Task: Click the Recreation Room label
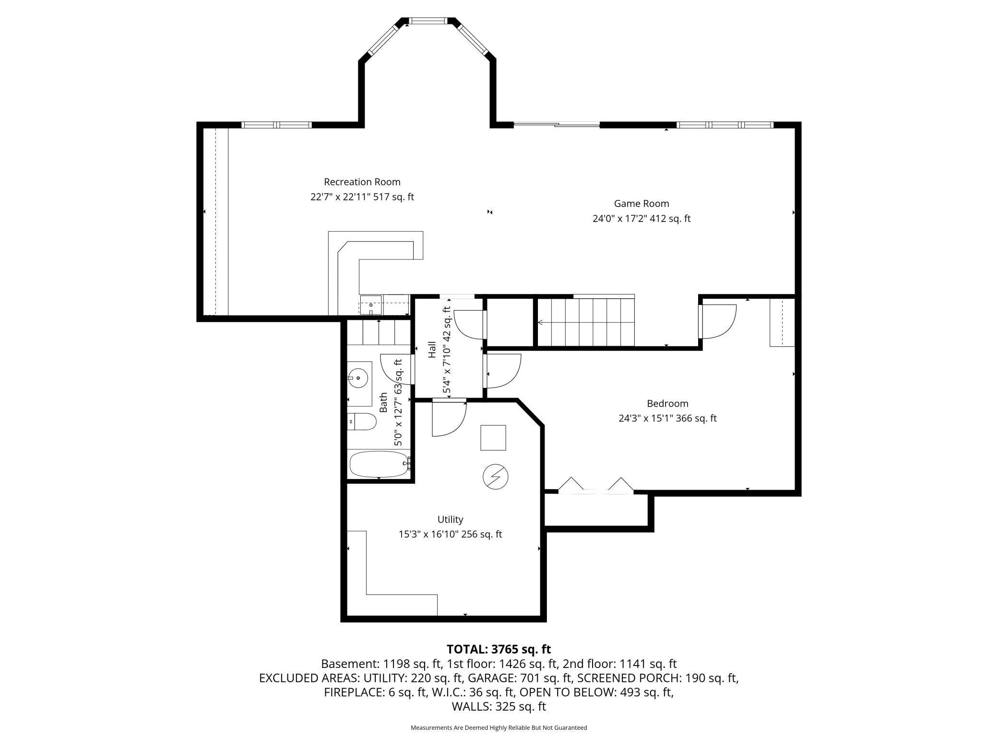[x=362, y=182]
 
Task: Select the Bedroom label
[x=667, y=403]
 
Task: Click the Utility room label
[x=450, y=519]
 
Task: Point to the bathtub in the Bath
[x=379, y=464]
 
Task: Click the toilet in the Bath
[x=362, y=422]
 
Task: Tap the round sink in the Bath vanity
[x=358, y=378]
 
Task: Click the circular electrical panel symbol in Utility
[x=495, y=477]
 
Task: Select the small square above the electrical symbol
[x=493, y=437]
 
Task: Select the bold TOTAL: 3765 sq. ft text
[x=499, y=649]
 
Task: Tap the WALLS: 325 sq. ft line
[x=499, y=706]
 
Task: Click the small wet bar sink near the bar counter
[x=371, y=305]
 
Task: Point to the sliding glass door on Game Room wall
[x=557, y=125]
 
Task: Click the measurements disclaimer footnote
[x=499, y=727]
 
